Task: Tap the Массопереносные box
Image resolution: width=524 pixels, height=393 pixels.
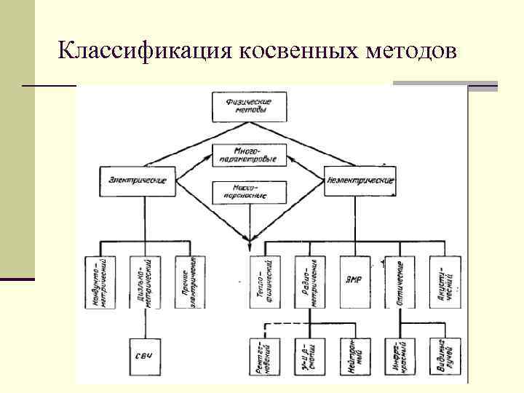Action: (249, 193)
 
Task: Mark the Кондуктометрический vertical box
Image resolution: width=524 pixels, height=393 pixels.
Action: (103, 282)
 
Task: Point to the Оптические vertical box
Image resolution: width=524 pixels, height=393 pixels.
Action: (399, 282)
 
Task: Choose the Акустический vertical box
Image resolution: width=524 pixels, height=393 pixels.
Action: (444, 282)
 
